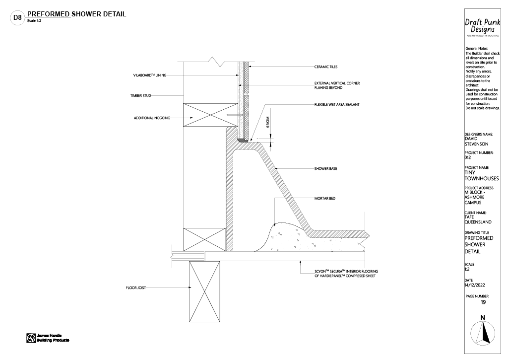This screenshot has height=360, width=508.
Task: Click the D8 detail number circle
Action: pyautogui.click(x=17, y=18)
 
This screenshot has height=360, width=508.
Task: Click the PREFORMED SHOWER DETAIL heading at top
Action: pyautogui.click(x=76, y=14)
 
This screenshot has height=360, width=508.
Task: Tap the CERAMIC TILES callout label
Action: pyautogui.click(x=325, y=67)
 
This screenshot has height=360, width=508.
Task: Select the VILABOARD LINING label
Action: pyautogui.click(x=149, y=75)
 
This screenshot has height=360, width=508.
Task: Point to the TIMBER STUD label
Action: pyautogui.click(x=140, y=95)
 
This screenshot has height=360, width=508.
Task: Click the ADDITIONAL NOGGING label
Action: pyautogui.click(x=152, y=118)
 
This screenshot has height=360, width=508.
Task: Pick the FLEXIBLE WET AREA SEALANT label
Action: pyautogui.click(x=337, y=105)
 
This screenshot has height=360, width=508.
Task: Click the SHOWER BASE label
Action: pyautogui.click(x=325, y=169)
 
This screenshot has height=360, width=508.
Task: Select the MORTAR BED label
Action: pyautogui.click(x=325, y=199)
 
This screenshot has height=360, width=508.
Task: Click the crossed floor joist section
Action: pyautogui.click(x=204, y=291)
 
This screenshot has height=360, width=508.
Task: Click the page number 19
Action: pyautogui.click(x=483, y=302)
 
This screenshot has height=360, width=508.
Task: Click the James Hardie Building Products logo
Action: pyautogui.click(x=48, y=338)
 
